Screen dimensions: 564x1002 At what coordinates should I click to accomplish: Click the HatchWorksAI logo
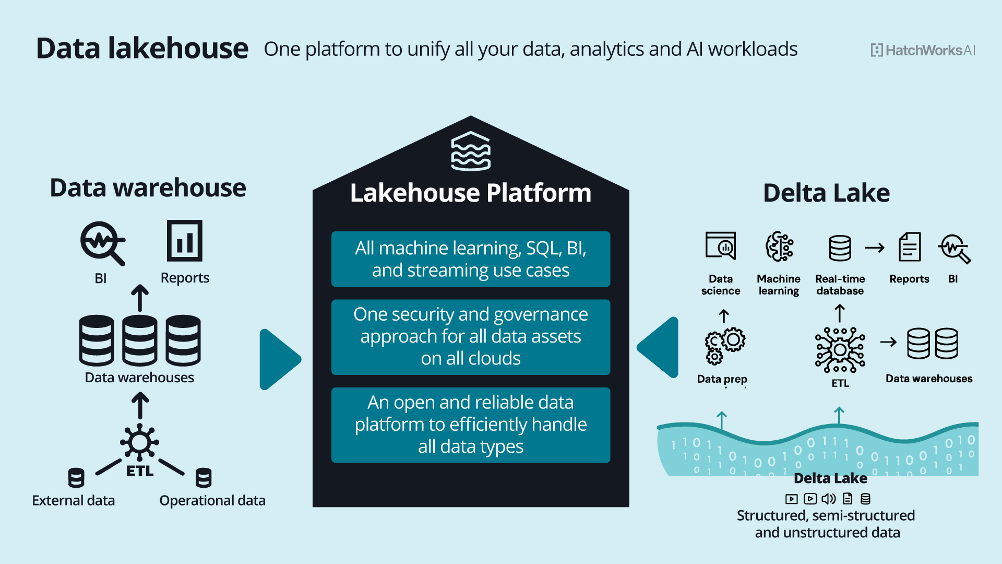pyautogui.click(x=923, y=50)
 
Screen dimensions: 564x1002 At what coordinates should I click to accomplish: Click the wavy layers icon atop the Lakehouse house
pyautogui.click(x=470, y=151)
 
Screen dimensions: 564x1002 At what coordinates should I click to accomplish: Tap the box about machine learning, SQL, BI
pyautogui.click(x=470, y=259)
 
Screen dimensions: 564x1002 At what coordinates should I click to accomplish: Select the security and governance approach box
pyautogui.click(x=470, y=337)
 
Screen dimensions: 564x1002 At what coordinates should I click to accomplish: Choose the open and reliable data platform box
pyautogui.click(x=470, y=425)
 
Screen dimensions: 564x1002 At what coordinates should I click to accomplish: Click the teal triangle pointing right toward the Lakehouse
pyautogui.click(x=278, y=359)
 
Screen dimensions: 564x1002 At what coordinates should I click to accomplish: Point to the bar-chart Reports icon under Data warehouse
pyautogui.click(x=184, y=241)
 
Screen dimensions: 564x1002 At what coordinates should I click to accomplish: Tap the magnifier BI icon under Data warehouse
pyautogui.click(x=102, y=243)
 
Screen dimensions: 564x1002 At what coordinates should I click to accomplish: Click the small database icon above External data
pyautogui.click(x=76, y=478)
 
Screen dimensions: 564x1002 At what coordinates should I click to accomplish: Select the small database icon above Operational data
pyautogui.click(x=203, y=478)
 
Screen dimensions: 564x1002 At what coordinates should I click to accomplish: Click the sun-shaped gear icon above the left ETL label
pyautogui.click(x=139, y=442)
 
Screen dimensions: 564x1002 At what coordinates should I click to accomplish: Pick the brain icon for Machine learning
pyautogui.click(x=779, y=246)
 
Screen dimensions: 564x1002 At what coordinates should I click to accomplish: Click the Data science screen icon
pyautogui.click(x=721, y=246)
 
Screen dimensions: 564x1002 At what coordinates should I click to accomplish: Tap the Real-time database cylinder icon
pyautogui.click(x=840, y=248)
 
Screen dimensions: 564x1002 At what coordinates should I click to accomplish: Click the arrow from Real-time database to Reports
pyautogui.click(x=875, y=248)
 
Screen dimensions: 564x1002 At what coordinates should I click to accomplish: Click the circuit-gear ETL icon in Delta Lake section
pyautogui.click(x=840, y=349)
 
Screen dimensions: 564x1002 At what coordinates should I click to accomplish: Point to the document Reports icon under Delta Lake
pyautogui.click(x=909, y=247)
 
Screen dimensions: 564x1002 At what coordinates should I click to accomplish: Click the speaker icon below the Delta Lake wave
pyautogui.click(x=829, y=499)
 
